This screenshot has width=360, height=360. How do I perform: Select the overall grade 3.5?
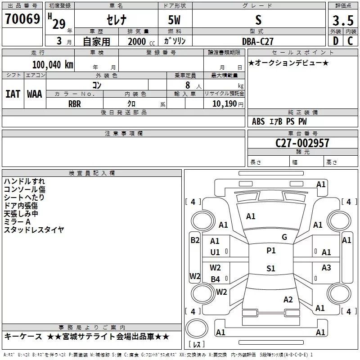(342, 21)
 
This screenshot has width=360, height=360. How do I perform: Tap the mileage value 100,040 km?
(52, 64)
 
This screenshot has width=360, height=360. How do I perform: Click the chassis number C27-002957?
(302, 143)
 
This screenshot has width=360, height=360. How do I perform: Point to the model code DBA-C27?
(258, 41)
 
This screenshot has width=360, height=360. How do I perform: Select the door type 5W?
(175, 20)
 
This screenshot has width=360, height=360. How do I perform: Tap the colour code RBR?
(75, 103)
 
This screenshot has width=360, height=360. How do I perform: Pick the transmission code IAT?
(13, 94)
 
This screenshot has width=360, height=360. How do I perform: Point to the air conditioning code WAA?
(34, 94)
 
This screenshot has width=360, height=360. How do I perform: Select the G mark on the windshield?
(284, 237)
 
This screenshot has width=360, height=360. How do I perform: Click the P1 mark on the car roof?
(270, 251)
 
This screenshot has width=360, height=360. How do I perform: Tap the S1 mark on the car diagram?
(270, 269)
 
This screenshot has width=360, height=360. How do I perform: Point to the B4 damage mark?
(215, 279)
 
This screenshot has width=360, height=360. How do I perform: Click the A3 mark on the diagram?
(326, 268)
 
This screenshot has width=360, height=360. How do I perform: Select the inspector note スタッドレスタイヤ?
(34, 230)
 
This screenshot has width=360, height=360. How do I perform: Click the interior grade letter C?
(350, 41)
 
